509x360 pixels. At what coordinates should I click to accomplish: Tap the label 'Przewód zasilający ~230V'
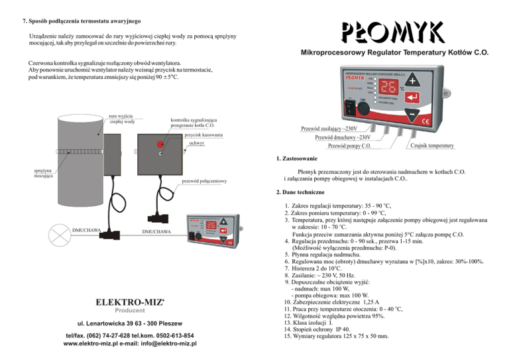(x=329, y=128)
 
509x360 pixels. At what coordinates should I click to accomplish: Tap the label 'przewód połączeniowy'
(x=203, y=182)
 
